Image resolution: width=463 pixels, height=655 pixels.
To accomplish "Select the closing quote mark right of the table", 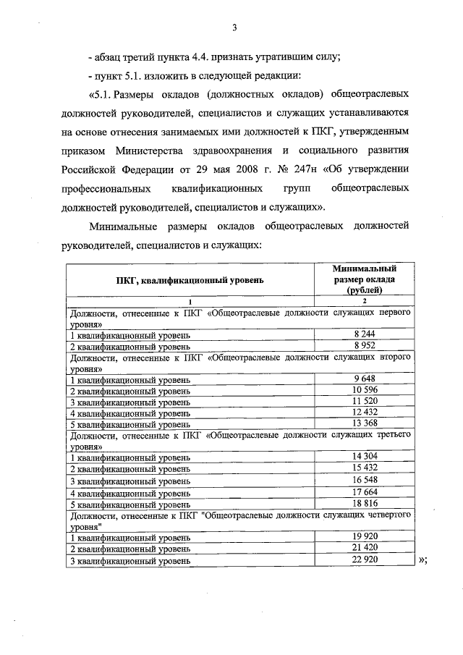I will click(424, 560).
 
